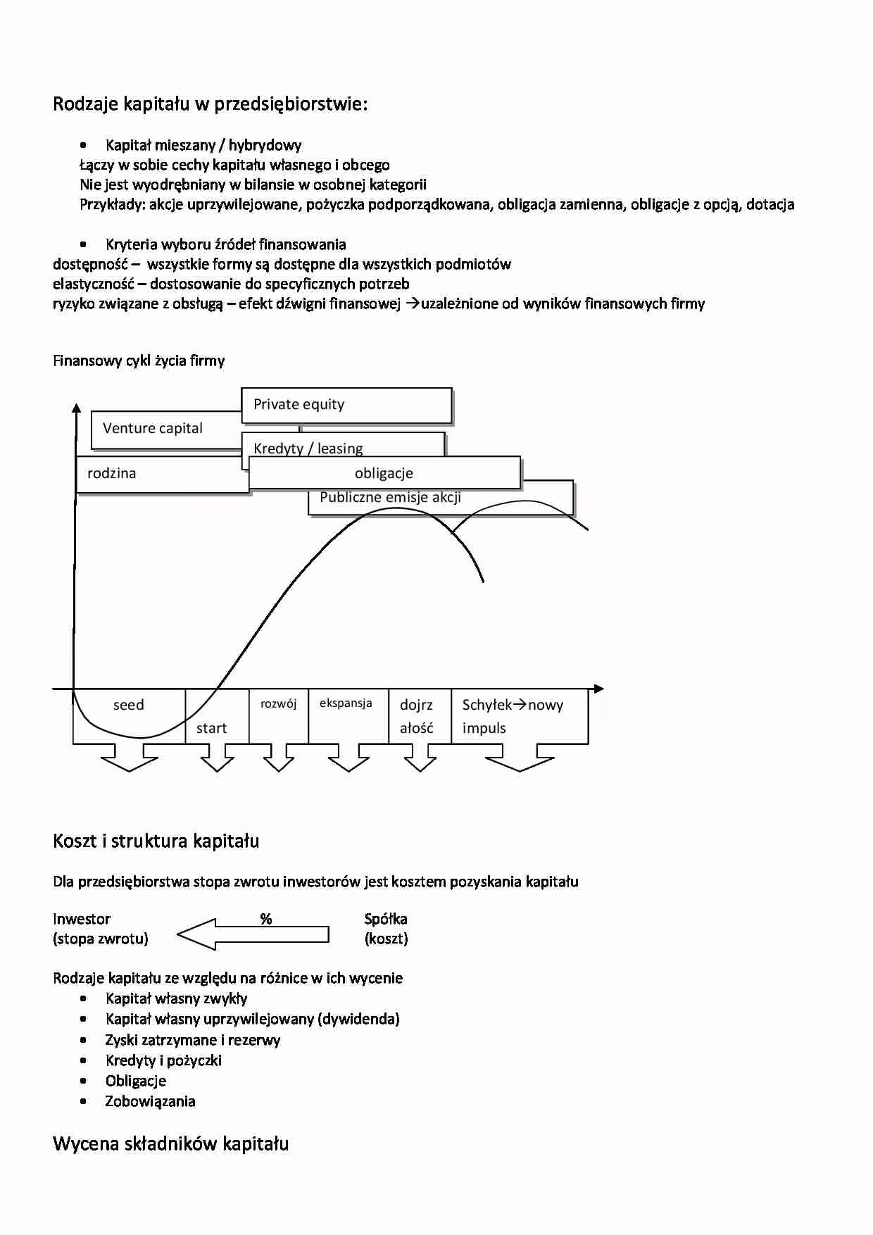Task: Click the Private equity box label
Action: (x=299, y=404)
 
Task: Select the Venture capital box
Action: (x=153, y=428)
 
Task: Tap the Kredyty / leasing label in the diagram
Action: (x=308, y=448)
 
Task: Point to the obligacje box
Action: (x=384, y=473)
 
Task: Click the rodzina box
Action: (x=112, y=473)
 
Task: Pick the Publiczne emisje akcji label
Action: (x=390, y=497)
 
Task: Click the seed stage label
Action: (x=128, y=705)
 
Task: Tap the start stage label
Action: (x=211, y=728)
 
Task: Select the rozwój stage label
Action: (x=278, y=703)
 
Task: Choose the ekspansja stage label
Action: (x=346, y=703)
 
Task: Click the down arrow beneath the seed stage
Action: (x=130, y=758)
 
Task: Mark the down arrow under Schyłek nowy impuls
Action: (x=520, y=758)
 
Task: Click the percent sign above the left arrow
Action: (x=266, y=918)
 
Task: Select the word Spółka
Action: (x=386, y=919)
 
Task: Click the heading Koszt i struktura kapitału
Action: (x=156, y=841)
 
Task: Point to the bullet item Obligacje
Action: (x=136, y=1081)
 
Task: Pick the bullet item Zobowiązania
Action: (x=150, y=1101)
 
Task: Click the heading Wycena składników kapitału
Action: (x=171, y=1143)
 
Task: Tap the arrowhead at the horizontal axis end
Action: (x=599, y=689)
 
